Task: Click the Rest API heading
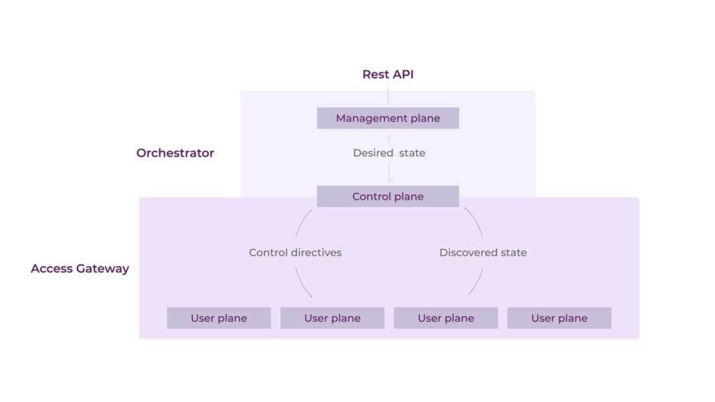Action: (388, 74)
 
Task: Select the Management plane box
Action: (388, 118)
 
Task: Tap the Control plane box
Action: (388, 196)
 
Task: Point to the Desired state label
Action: (389, 153)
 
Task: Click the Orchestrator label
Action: (175, 153)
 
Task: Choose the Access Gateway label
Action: (80, 269)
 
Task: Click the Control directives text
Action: (295, 253)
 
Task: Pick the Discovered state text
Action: (482, 253)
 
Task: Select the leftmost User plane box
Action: (219, 318)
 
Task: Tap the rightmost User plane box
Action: (559, 318)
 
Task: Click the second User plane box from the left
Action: (332, 318)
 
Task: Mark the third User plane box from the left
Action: (445, 318)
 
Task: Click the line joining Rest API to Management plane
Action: (388, 96)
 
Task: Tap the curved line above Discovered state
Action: (476, 222)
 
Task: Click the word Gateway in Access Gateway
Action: (103, 269)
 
